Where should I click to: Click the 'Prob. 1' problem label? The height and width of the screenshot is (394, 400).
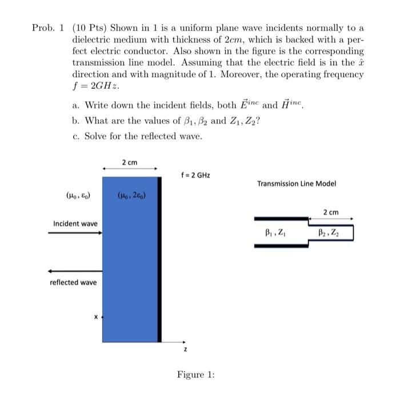50,28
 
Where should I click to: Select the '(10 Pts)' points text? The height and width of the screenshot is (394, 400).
90,28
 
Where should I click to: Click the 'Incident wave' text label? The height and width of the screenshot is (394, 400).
75,223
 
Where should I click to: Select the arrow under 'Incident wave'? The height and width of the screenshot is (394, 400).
75,233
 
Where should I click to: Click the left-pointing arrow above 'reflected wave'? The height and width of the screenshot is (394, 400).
75,270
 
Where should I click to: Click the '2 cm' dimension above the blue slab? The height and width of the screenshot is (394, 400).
130,163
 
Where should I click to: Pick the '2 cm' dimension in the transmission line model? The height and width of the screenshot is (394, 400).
330,212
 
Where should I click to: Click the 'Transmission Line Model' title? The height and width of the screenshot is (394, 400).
297,183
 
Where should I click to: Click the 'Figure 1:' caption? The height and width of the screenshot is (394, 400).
195,375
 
